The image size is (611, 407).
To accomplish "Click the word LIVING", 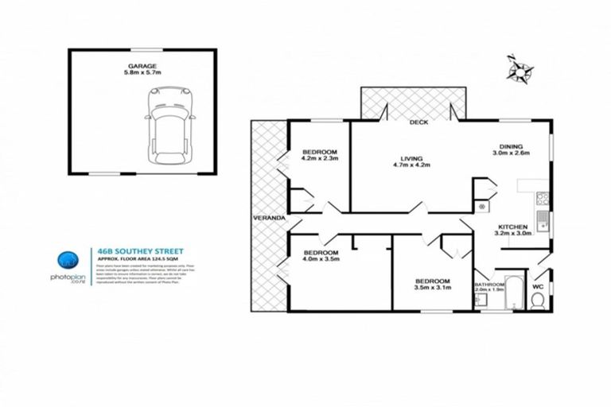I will [411, 158].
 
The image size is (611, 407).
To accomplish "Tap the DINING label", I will [511, 145].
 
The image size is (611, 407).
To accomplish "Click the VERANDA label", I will [265, 217].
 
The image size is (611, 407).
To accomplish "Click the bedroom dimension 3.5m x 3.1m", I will [433, 289].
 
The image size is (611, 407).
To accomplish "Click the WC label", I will [537, 284].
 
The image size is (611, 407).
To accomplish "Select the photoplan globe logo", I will [66, 260].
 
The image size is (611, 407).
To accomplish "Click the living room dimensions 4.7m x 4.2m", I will [411, 166].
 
